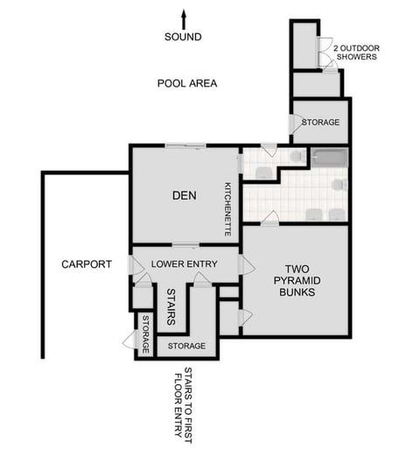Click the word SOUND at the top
tap(184, 37)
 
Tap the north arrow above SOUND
tap(184, 18)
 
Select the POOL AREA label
tap(187, 84)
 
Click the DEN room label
tap(183, 195)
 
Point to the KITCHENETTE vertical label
tap(227, 209)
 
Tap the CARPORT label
tap(86, 263)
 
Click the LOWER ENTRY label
tap(184, 263)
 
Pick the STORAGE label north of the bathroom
tap(320, 123)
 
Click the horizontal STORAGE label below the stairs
tap(186, 346)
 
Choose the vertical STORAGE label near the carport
tap(145, 334)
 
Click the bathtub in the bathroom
tap(330, 158)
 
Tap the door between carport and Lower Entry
tap(136, 264)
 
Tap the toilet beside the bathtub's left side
tap(297, 156)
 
